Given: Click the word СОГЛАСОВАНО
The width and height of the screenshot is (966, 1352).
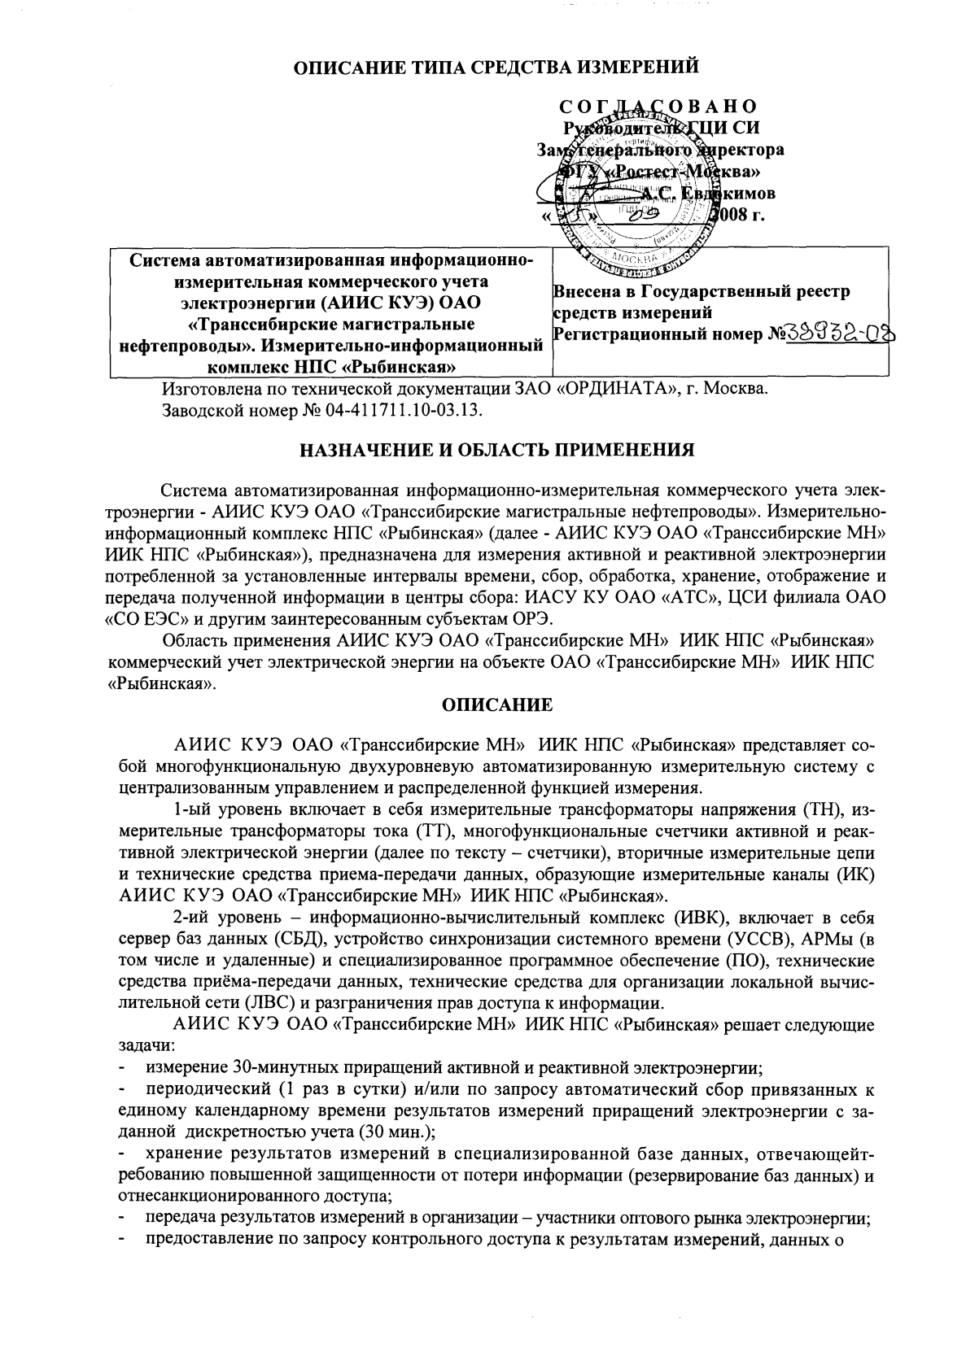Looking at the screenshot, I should pyautogui.click(x=659, y=107).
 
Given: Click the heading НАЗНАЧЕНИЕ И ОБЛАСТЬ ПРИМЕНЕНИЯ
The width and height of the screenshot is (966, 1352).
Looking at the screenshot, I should pyautogui.click(x=496, y=449).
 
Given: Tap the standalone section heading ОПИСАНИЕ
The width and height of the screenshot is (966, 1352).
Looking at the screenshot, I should pyautogui.click(x=496, y=704).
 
